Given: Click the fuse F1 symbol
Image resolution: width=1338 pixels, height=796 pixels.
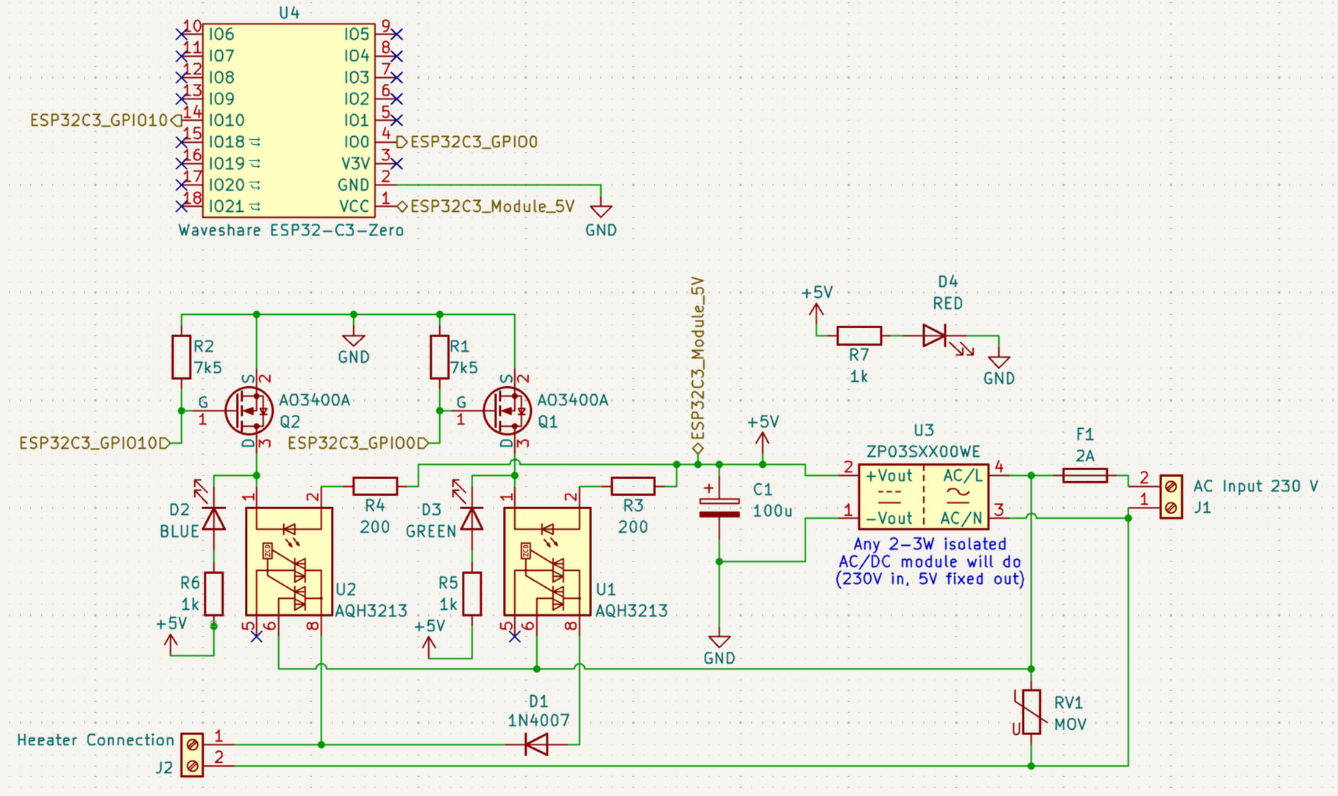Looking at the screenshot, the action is click(1085, 476).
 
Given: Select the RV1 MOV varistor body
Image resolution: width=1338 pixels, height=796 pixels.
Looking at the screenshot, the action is click(1031, 711).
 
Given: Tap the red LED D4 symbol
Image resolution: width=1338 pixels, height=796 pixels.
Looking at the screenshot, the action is click(935, 336).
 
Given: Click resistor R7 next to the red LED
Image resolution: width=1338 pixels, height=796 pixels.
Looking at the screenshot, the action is click(859, 336).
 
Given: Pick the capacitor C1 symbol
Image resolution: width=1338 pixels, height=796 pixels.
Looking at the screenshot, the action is click(719, 508).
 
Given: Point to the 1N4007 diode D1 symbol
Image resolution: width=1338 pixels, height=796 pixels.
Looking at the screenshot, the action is click(537, 745).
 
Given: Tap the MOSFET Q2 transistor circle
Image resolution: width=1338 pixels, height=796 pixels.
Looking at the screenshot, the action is click(249, 411).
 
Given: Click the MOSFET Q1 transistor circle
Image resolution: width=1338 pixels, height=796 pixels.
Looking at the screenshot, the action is click(507, 411).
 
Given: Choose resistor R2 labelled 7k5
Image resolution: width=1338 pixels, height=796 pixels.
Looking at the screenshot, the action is click(182, 358).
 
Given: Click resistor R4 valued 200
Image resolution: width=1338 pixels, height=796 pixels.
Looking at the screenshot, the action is click(375, 486).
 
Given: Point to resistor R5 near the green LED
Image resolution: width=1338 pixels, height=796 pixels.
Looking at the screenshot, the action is click(471, 594).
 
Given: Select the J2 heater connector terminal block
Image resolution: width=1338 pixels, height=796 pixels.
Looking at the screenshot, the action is click(192, 755).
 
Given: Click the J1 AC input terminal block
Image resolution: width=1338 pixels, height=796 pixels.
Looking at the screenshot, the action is click(1171, 497).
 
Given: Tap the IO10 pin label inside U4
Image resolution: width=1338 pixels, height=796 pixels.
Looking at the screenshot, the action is click(227, 120).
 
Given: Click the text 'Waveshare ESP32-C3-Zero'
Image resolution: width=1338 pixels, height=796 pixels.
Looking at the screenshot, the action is click(291, 230).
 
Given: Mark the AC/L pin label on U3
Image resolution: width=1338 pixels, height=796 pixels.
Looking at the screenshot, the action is click(962, 476).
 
